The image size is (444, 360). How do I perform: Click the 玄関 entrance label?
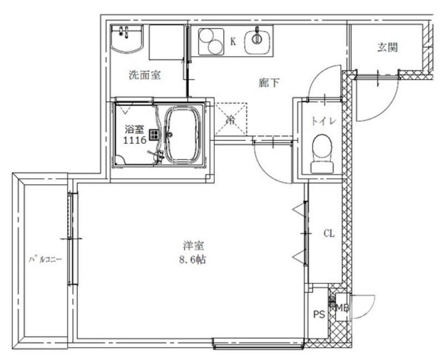coord(387,47)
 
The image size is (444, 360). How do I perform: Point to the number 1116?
coord(134,141)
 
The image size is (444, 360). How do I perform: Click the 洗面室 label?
coord(144,75)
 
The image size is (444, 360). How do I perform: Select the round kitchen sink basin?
coord(258,39)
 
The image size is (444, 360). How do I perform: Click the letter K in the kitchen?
coord(233,41)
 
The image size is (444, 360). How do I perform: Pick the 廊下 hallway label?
coord(269,83)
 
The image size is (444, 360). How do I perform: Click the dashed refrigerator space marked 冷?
coord(231,118)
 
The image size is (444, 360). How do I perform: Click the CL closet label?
coord(329,234)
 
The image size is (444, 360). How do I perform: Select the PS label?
coord(318,314)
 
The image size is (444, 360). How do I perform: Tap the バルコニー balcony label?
coord(45,259)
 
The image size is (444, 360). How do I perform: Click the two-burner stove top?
coord(210,41)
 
